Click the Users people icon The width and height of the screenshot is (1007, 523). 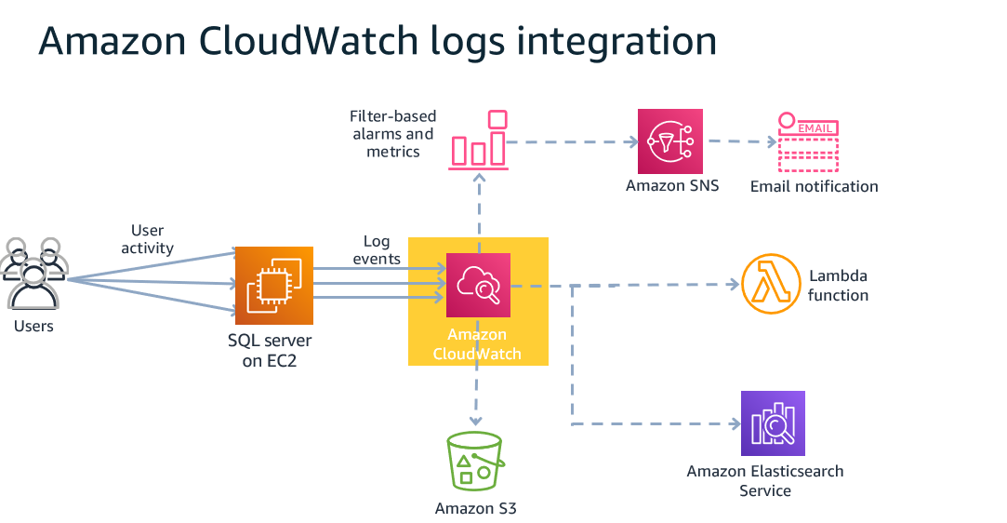[x=33, y=274]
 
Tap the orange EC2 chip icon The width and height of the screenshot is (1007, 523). [x=273, y=285]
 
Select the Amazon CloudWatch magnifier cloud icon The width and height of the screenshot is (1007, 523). [x=478, y=285]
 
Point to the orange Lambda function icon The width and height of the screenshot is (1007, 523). [x=771, y=285]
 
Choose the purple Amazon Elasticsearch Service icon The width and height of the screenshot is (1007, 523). [x=773, y=422]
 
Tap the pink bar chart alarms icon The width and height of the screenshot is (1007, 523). [x=479, y=141]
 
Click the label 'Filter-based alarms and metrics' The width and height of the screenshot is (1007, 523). [x=392, y=134]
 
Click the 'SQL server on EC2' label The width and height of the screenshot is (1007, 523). [x=270, y=351]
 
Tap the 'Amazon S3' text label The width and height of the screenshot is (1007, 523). [x=475, y=508]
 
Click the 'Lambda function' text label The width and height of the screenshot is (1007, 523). [x=838, y=286]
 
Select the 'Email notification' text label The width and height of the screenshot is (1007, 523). [x=814, y=186]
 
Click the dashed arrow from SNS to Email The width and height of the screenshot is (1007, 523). [x=740, y=142]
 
